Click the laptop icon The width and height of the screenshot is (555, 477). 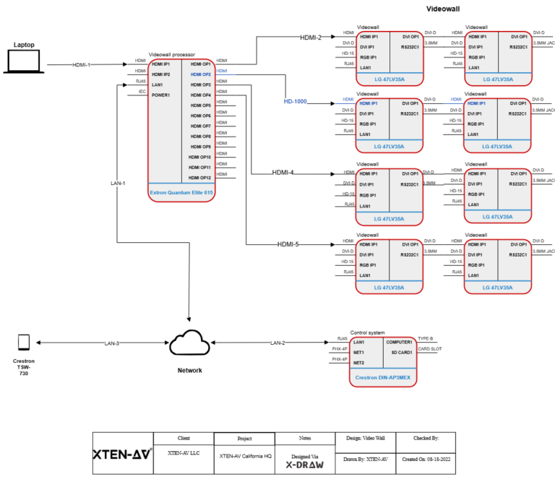[24, 62]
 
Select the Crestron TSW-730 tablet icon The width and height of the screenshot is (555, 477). [24, 343]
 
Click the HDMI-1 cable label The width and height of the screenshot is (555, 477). [82, 65]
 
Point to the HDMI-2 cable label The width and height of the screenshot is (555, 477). [311, 37]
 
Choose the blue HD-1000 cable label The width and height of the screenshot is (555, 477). [295, 102]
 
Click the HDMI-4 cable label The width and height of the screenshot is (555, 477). [284, 173]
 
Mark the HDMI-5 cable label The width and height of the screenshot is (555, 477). [288, 244]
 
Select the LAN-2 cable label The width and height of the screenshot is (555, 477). [277, 343]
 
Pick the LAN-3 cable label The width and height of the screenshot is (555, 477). [111, 343]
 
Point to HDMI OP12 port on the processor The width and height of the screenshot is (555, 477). [200, 177]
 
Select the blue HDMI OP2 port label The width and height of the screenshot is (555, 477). [200, 74]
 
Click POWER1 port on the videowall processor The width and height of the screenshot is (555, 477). [161, 95]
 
